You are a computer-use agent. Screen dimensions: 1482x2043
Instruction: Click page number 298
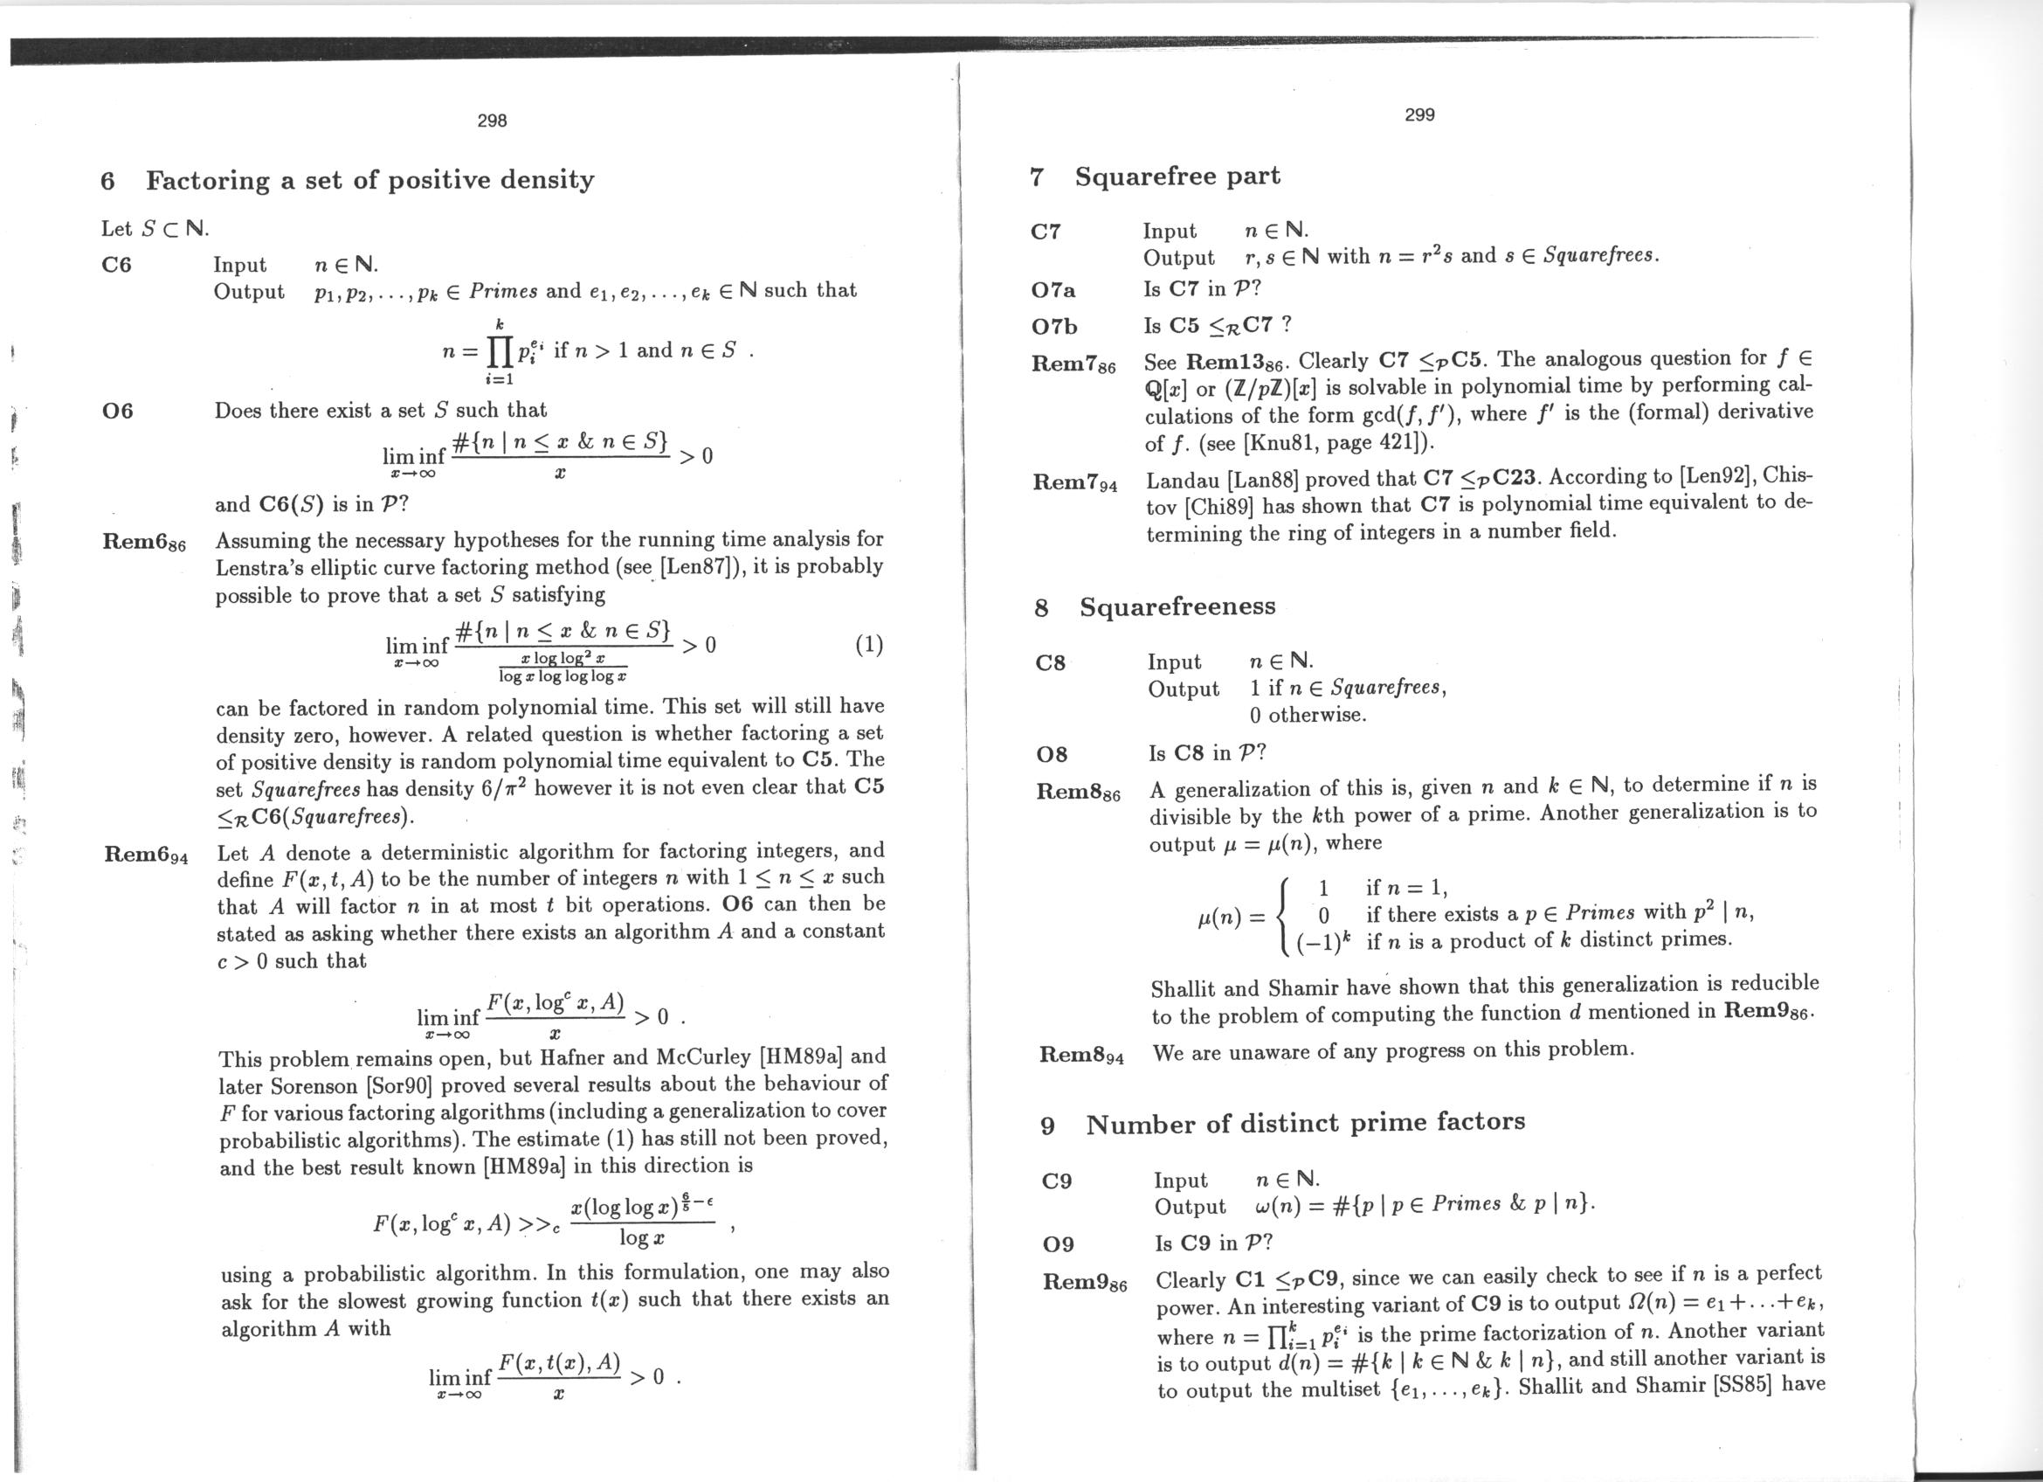(x=492, y=121)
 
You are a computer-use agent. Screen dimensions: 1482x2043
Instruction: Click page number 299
(x=1418, y=114)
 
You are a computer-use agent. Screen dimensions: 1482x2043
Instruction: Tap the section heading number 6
(x=108, y=181)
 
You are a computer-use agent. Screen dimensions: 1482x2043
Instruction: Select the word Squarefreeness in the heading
(x=1177, y=606)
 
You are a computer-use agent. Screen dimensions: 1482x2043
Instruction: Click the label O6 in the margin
(x=117, y=411)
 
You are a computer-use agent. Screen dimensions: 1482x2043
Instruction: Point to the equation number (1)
(x=868, y=644)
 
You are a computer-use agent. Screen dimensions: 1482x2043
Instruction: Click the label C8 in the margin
(x=1051, y=663)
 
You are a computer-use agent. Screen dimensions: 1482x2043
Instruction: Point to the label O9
(x=1058, y=1244)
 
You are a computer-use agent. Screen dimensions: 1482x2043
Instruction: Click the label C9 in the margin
(x=1056, y=1181)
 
